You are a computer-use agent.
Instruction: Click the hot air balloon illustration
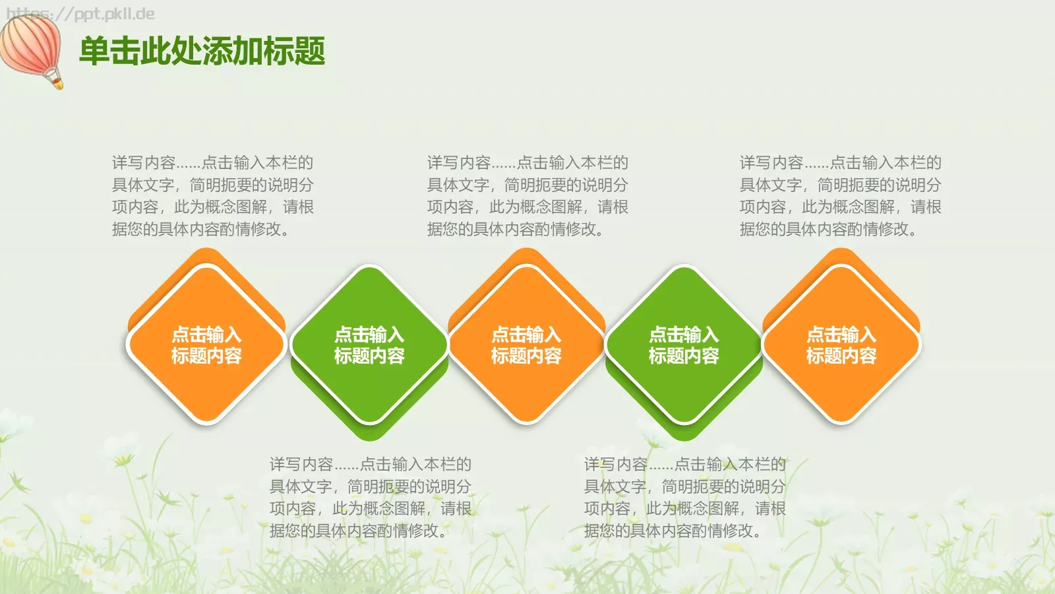[30, 45]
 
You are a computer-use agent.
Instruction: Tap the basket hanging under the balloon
[58, 82]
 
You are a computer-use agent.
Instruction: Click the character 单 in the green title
[94, 51]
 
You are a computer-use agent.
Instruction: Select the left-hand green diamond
[369, 345]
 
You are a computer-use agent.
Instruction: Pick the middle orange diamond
[526, 345]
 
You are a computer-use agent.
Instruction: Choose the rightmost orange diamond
[841, 345]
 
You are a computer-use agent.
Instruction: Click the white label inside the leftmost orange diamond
[206, 345]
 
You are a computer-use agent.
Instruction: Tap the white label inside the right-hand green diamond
[684, 345]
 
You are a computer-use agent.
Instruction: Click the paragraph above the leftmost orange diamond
[212, 196]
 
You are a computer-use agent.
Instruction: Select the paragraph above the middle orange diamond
[527, 196]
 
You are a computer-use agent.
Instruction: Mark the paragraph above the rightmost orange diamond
[840, 196]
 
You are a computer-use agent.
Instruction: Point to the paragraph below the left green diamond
[370, 498]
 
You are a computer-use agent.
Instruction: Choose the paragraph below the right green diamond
[684, 498]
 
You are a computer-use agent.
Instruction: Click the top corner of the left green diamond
[369, 267]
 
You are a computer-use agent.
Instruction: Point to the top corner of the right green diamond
[684, 267]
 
